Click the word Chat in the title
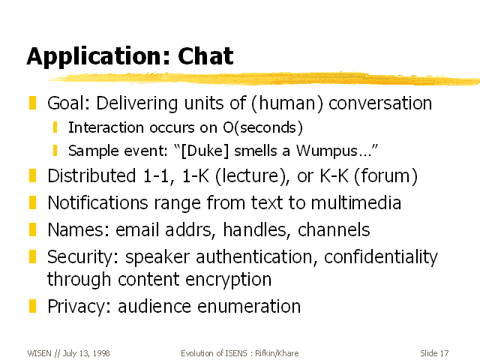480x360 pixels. click(205, 56)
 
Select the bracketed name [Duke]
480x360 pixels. click(205, 151)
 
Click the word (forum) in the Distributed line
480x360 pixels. click(385, 176)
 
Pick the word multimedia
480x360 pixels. click(355, 202)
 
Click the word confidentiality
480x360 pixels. click(381, 257)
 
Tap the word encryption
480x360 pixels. click(228, 280)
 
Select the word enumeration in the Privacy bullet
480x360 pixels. click(249, 307)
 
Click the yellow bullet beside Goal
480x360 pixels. click(32, 103)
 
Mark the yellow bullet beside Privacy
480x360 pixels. click(32, 306)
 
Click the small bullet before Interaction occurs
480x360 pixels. click(55, 127)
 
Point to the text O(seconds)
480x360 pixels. click(263, 127)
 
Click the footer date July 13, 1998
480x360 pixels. click(86, 353)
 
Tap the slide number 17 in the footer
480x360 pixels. click(444, 353)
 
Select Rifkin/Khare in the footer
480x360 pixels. click(277, 353)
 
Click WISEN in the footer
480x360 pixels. click(39, 353)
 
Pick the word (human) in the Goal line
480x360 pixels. click(287, 103)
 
